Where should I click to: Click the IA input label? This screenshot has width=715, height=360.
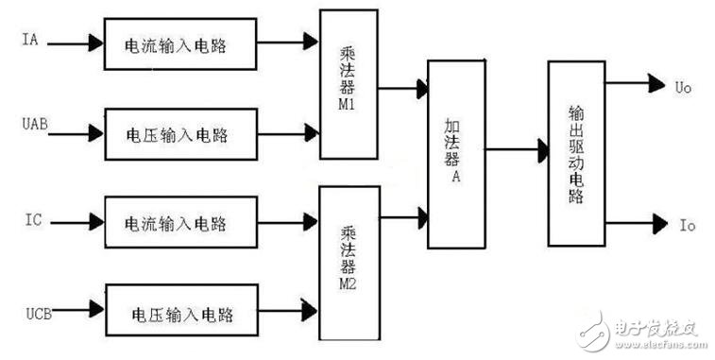pyautogui.click(x=29, y=42)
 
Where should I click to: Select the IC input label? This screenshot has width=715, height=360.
pyautogui.click(x=30, y=222)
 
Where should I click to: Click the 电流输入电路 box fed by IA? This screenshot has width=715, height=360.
pyautogui.click(x=179, y=43)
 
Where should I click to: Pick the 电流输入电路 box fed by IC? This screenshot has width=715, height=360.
pyautogui.click(x=179, y=223)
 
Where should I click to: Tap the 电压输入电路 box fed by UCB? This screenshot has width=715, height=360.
pyautogui.click(x=179, y=309)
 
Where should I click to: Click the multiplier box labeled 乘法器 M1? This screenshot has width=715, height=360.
pyautogui.click(x=349, y=84)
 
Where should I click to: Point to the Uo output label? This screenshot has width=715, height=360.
pyautogui.click(x=682, y=85)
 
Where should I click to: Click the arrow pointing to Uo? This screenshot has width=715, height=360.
pyautogui.click(x=634, y=84)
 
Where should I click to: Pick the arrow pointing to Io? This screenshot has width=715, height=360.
pyautogui.click(x=634, y=225)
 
